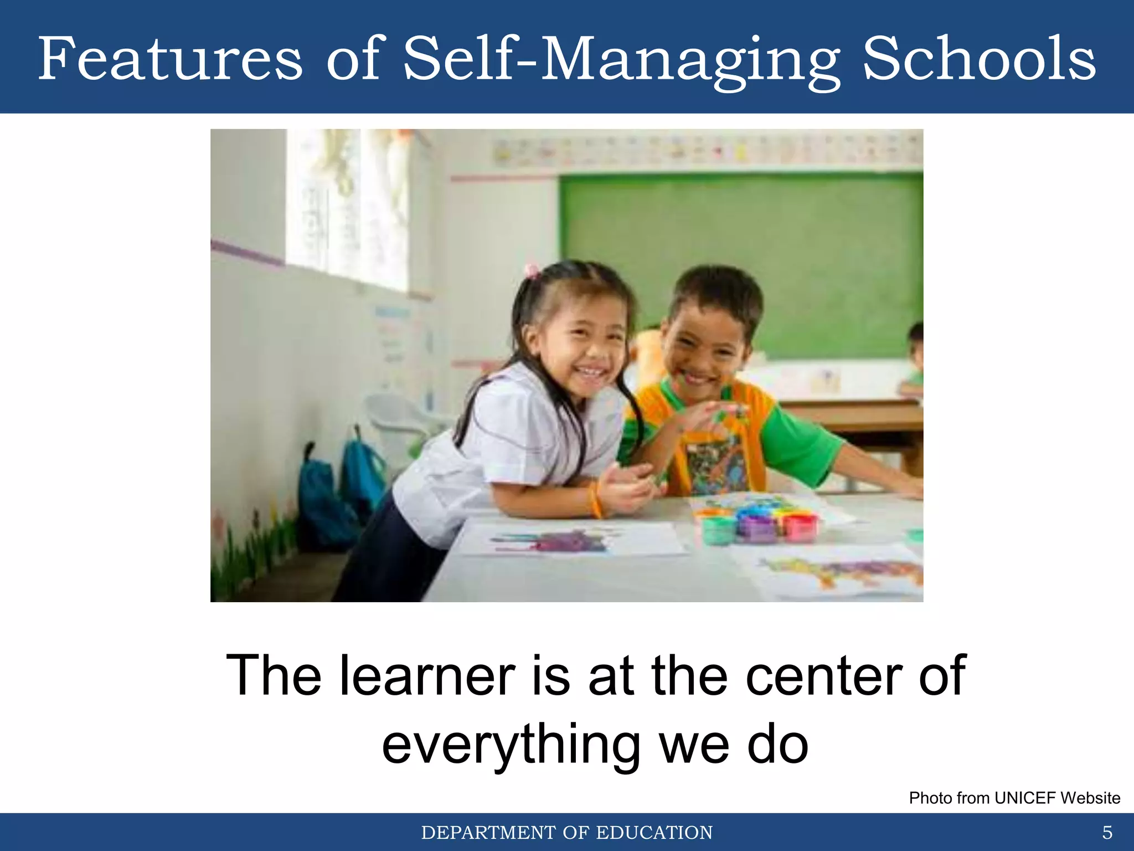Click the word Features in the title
(171, 59)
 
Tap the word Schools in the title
(979, 59)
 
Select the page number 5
(1107, 832)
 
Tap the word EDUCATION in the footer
(654, 833)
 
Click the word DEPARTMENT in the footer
(488, 833)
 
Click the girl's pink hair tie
(532, 271)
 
